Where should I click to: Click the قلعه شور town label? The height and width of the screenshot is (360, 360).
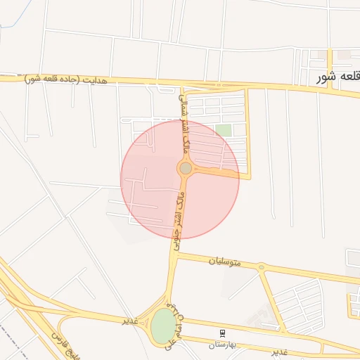tap(337, 76)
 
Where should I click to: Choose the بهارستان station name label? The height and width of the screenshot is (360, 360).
tap(223, 345)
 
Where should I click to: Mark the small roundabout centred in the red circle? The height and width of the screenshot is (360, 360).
tap(186, 168)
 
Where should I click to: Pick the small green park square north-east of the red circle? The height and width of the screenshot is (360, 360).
tap(223, 130)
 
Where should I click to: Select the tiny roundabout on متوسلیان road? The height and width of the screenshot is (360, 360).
tap(261, 267)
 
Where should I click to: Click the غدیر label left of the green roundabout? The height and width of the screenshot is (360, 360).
tap(129, 320)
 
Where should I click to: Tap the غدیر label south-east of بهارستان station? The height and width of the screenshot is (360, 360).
tap(280, 350)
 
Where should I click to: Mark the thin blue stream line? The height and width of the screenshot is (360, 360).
tap(10, 18)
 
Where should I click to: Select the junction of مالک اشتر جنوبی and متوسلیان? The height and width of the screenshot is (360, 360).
tap(174, 256)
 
